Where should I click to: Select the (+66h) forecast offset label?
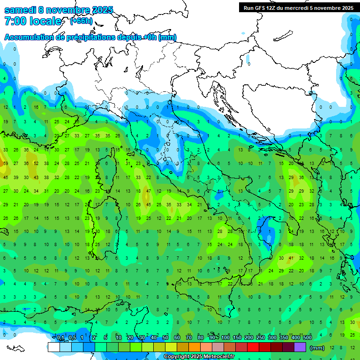[81, 21]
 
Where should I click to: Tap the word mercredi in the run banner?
[296, 8]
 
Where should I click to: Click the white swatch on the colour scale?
[53, 347]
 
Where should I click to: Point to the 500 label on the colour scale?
[307, 338]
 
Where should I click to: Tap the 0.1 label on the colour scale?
[60, 338]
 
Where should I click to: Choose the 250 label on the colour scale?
[260, 338]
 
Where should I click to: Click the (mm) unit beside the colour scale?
[317, 348]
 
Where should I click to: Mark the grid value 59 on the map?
[6, 164]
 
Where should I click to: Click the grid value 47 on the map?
[149, 191]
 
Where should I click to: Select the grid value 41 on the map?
[291, 258]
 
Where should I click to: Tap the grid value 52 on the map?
[36, 164]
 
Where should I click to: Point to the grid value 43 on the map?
[36, 177]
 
